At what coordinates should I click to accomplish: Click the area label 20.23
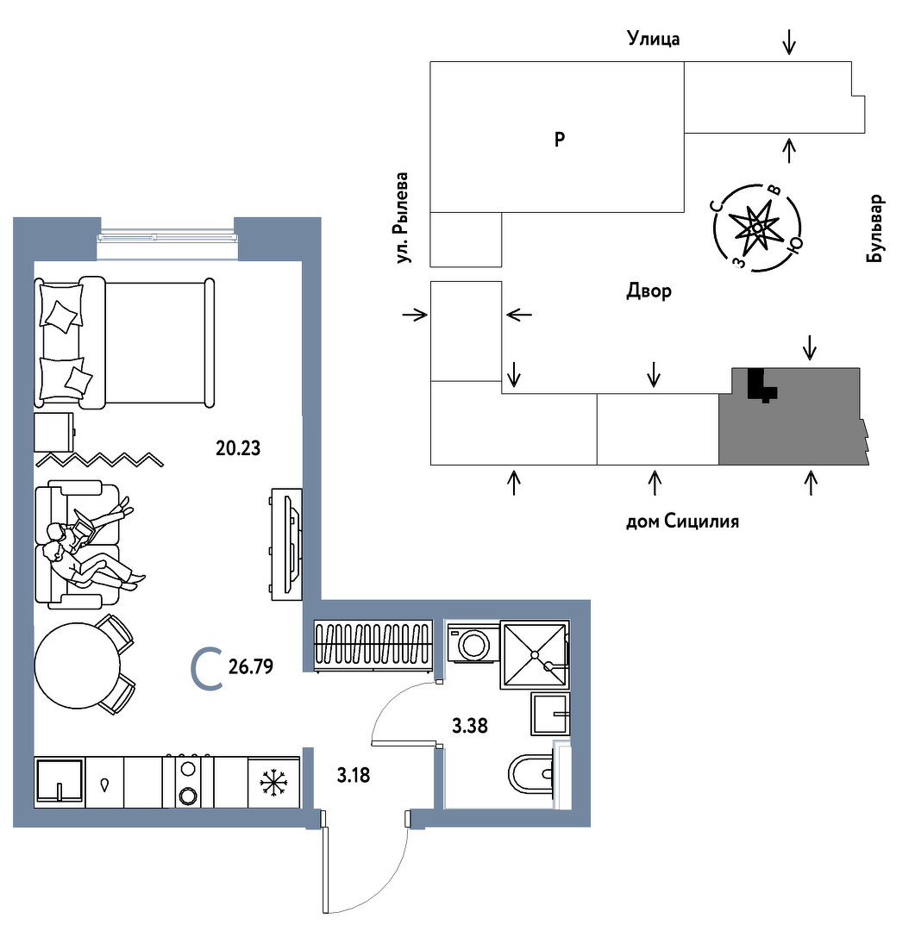[238, 447]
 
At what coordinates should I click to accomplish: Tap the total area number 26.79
[251, 666]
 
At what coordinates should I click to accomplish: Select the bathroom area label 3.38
[470, 726]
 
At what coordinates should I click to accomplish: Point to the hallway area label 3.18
[354, 775]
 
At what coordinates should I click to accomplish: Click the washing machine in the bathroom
[473, 642]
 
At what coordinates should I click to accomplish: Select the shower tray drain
[535, 654]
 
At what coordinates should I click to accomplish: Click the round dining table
[78, 665]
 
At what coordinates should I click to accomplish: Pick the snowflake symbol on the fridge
[273, 783]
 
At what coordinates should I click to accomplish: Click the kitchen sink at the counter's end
[59, 781]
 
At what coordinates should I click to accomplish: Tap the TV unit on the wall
[287, 544]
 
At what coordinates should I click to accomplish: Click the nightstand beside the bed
[54, 432]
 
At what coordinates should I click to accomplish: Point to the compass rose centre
[757, 228]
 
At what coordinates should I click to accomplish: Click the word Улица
[654, 39]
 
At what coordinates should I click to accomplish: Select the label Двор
[649, 291]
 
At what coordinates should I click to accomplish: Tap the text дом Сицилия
[683, 522]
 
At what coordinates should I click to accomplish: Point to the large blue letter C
[207, 670]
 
